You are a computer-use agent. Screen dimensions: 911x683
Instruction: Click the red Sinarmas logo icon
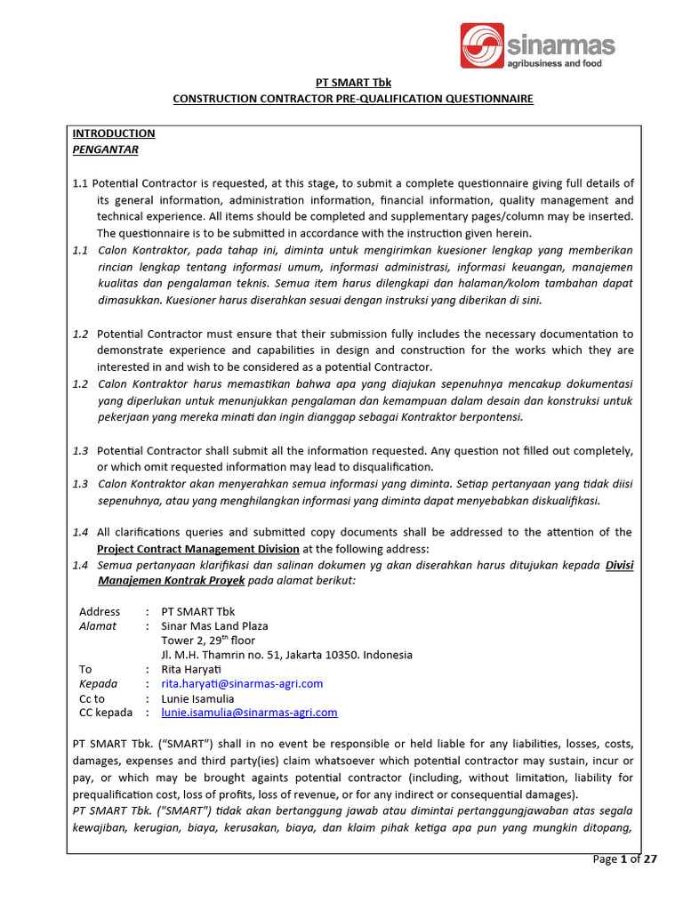(x=482, y=45)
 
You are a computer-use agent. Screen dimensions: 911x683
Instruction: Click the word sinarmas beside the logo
(x=559, y=44)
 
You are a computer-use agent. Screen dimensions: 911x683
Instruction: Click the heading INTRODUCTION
(x=114, y=133)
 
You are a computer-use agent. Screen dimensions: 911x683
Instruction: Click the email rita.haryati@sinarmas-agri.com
(x=242, y=683)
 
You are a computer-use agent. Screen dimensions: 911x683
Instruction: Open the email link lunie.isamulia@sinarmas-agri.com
(x=249, y=713)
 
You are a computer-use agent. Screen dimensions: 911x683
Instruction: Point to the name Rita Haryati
(x=190, y=669)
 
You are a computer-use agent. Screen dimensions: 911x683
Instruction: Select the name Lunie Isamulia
(x=197, y=698)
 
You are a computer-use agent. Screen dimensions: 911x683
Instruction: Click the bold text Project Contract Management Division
(x=198, y=548)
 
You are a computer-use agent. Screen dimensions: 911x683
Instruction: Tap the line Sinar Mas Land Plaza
(x=214, y=625)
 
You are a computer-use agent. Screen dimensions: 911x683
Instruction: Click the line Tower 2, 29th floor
(x=208, y=640)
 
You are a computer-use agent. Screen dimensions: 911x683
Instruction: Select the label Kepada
(x=99, y=683)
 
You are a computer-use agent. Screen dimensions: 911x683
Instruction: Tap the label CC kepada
(x=106, y=713)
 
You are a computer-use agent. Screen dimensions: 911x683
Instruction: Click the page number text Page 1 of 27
(x=624, y=859)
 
